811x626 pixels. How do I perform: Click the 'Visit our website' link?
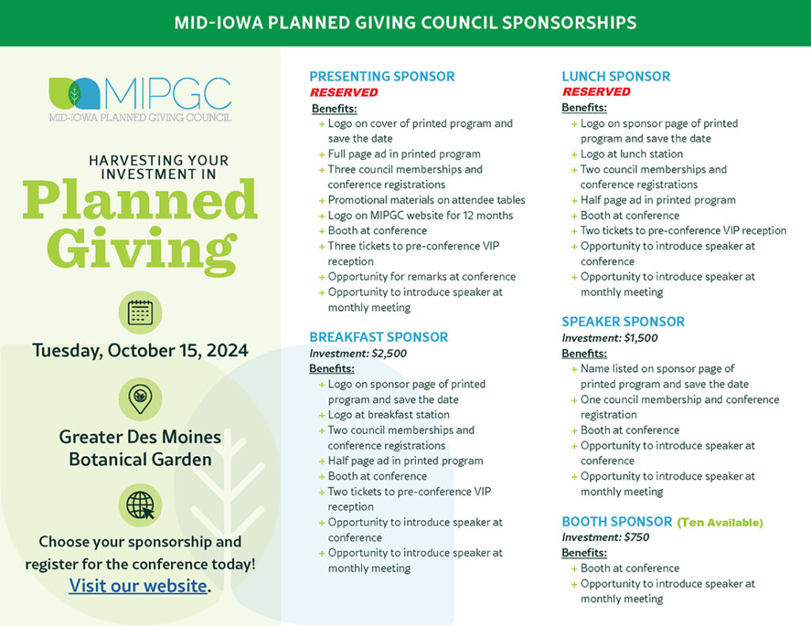(x=138, y=586)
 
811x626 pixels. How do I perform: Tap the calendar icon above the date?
(x=140, y=313)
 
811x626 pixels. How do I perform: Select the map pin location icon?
(x=140, y=399)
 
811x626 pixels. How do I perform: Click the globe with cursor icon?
(x=140, y=505)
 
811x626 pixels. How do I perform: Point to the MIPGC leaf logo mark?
(x=74, y=93)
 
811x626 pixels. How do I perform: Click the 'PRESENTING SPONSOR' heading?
(x=382, y=77)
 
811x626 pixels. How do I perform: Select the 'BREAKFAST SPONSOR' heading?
(x=379, y=337)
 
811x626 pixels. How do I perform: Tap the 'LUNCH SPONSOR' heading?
(x=616, y=77)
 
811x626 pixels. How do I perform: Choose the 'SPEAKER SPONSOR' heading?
(x=623, y=321)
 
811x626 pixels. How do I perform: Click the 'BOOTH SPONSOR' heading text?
(x=617, y=522)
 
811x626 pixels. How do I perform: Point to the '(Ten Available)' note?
(x=720, y=522)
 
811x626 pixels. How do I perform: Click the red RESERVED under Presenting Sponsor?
(x=344, y=93)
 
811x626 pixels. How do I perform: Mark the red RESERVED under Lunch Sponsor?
(x=596, y=92)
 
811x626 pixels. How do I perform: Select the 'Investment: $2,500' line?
(x=358, y=354)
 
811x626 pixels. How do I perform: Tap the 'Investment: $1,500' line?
(x=610, y=338)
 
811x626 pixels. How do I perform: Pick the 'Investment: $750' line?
(x=605, y=537)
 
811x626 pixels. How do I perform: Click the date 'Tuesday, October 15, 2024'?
(x=140, y=351)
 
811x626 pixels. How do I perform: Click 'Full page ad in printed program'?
(x=404, y=154)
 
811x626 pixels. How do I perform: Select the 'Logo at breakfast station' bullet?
(x=388, y=415)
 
